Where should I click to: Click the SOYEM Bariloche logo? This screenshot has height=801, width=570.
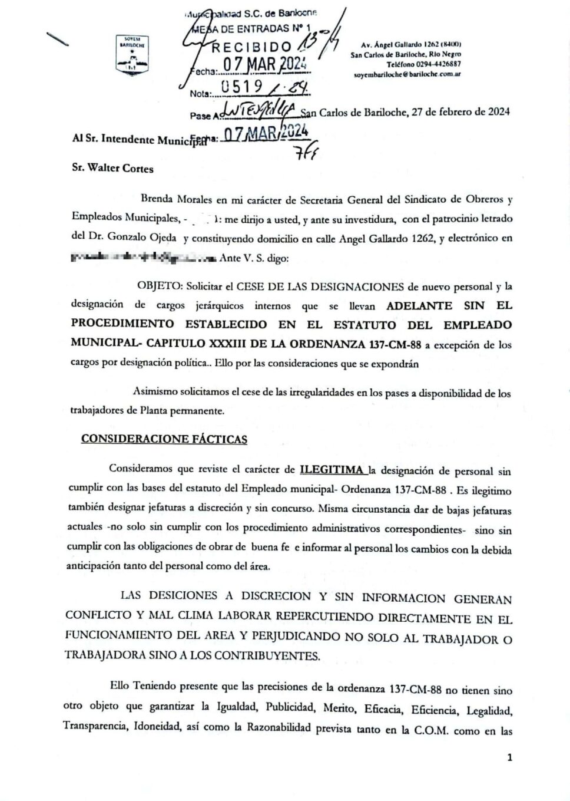pos(132,55)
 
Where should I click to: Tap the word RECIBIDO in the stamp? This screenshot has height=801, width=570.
pos(251,47)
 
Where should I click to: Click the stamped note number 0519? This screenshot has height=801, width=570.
pos(240,87)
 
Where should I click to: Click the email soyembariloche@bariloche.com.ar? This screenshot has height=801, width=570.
pos(407,74)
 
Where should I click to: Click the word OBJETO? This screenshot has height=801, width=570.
pos(159,286)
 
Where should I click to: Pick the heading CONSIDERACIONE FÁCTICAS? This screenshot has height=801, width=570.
pos(164,439)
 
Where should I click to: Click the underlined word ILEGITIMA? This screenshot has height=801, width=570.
pos(332,470)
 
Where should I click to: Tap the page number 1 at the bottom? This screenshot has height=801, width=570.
pos(509,757)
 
